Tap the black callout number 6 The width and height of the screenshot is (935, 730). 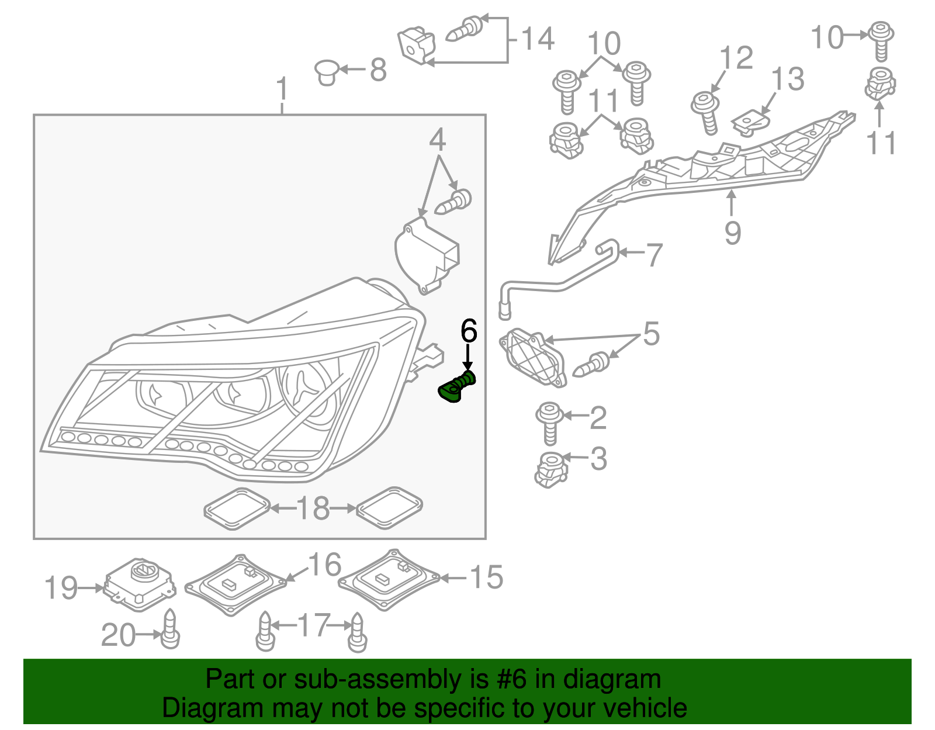(x=469, y=331)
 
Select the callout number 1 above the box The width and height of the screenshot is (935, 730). (x=282, y=89)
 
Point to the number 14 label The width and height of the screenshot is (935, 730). (x=537, y=39)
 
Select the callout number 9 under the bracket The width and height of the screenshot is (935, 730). (x=733, y=233)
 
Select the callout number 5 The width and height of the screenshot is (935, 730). (x=651, y=334)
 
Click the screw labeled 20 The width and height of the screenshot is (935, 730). (x=169, y=630)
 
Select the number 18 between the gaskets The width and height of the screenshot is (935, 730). (x=313, y=508)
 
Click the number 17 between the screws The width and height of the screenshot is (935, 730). (x=314, y=625)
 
